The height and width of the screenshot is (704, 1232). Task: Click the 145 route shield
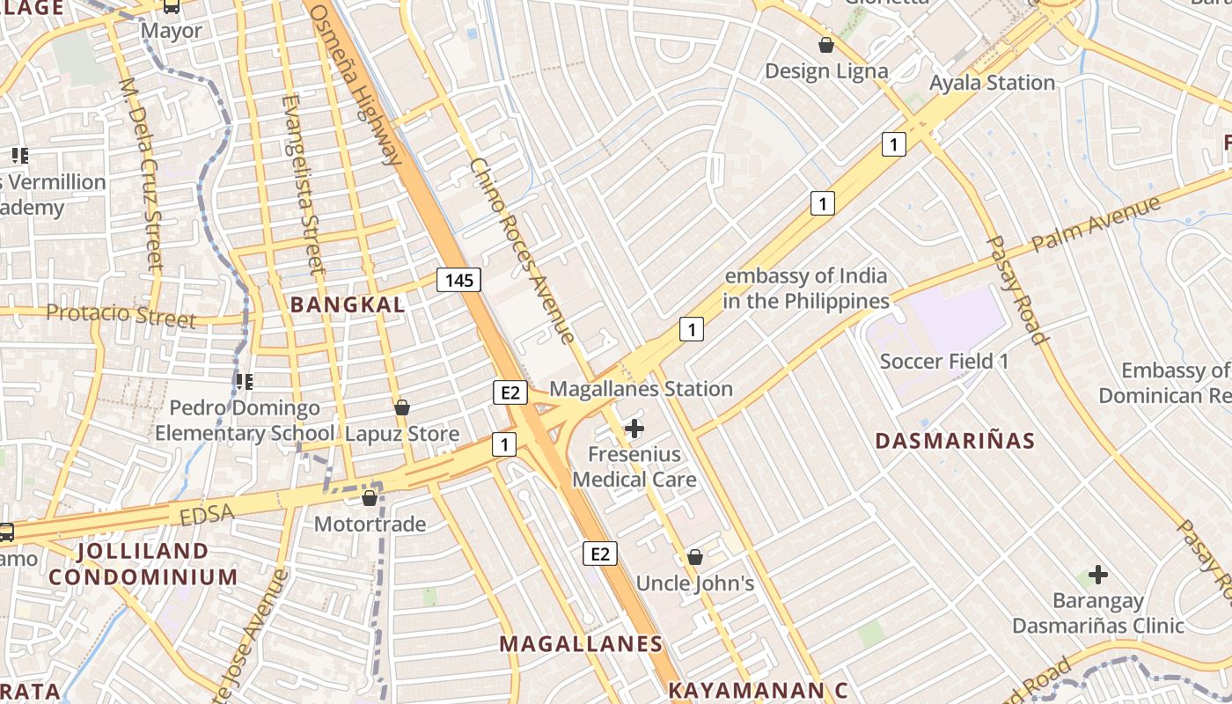459,281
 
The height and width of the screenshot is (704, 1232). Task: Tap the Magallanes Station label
641,388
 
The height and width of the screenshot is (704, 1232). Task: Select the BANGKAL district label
348,305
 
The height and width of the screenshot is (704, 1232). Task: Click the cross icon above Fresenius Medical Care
634,429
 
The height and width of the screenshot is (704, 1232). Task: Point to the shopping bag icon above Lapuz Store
402,407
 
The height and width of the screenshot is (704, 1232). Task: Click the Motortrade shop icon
370,499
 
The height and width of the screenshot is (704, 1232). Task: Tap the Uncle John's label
695,583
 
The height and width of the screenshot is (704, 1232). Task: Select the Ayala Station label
992,83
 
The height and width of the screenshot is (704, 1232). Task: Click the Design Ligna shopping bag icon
826,45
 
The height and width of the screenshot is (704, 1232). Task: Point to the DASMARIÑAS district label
955,441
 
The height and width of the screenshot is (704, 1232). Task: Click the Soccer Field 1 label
944,361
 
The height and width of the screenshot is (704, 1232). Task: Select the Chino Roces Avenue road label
522,251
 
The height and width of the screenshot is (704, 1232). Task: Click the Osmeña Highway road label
356,84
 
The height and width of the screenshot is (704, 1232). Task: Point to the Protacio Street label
121,315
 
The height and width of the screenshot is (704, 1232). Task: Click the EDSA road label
209,513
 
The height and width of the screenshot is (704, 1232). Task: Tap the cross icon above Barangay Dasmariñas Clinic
1097,575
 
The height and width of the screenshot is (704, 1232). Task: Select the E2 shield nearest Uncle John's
599,554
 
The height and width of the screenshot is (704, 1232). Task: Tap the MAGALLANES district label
581,644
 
